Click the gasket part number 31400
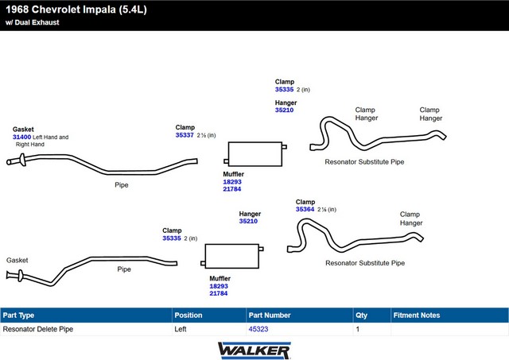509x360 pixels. tap(21, 137)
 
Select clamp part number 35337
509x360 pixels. tap(185, 135)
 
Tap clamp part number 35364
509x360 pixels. tap(305, 209)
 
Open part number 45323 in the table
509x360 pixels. tap(258, 329)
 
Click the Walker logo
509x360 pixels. tap(254, 350)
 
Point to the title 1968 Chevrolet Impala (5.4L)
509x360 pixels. tap(76, 10)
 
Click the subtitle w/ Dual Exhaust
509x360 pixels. tap(33, 22)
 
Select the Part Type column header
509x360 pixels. tap(18, 315)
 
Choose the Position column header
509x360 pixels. tap(188, 315)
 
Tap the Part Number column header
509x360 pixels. tap(270, 315)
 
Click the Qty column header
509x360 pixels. tap(361, 315)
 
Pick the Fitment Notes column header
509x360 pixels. tap(417, 315)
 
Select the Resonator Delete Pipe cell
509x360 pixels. tap(38, 329)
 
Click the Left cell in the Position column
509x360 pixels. tap(181, 329)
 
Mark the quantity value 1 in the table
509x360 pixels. tap(357, 329)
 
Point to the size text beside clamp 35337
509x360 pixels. tap(206, 135)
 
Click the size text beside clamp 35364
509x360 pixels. tap(327, 210)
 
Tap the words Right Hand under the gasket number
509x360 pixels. tap(30, 145)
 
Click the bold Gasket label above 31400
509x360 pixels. tap(23, 129)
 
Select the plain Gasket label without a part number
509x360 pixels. tap(17, 260)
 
